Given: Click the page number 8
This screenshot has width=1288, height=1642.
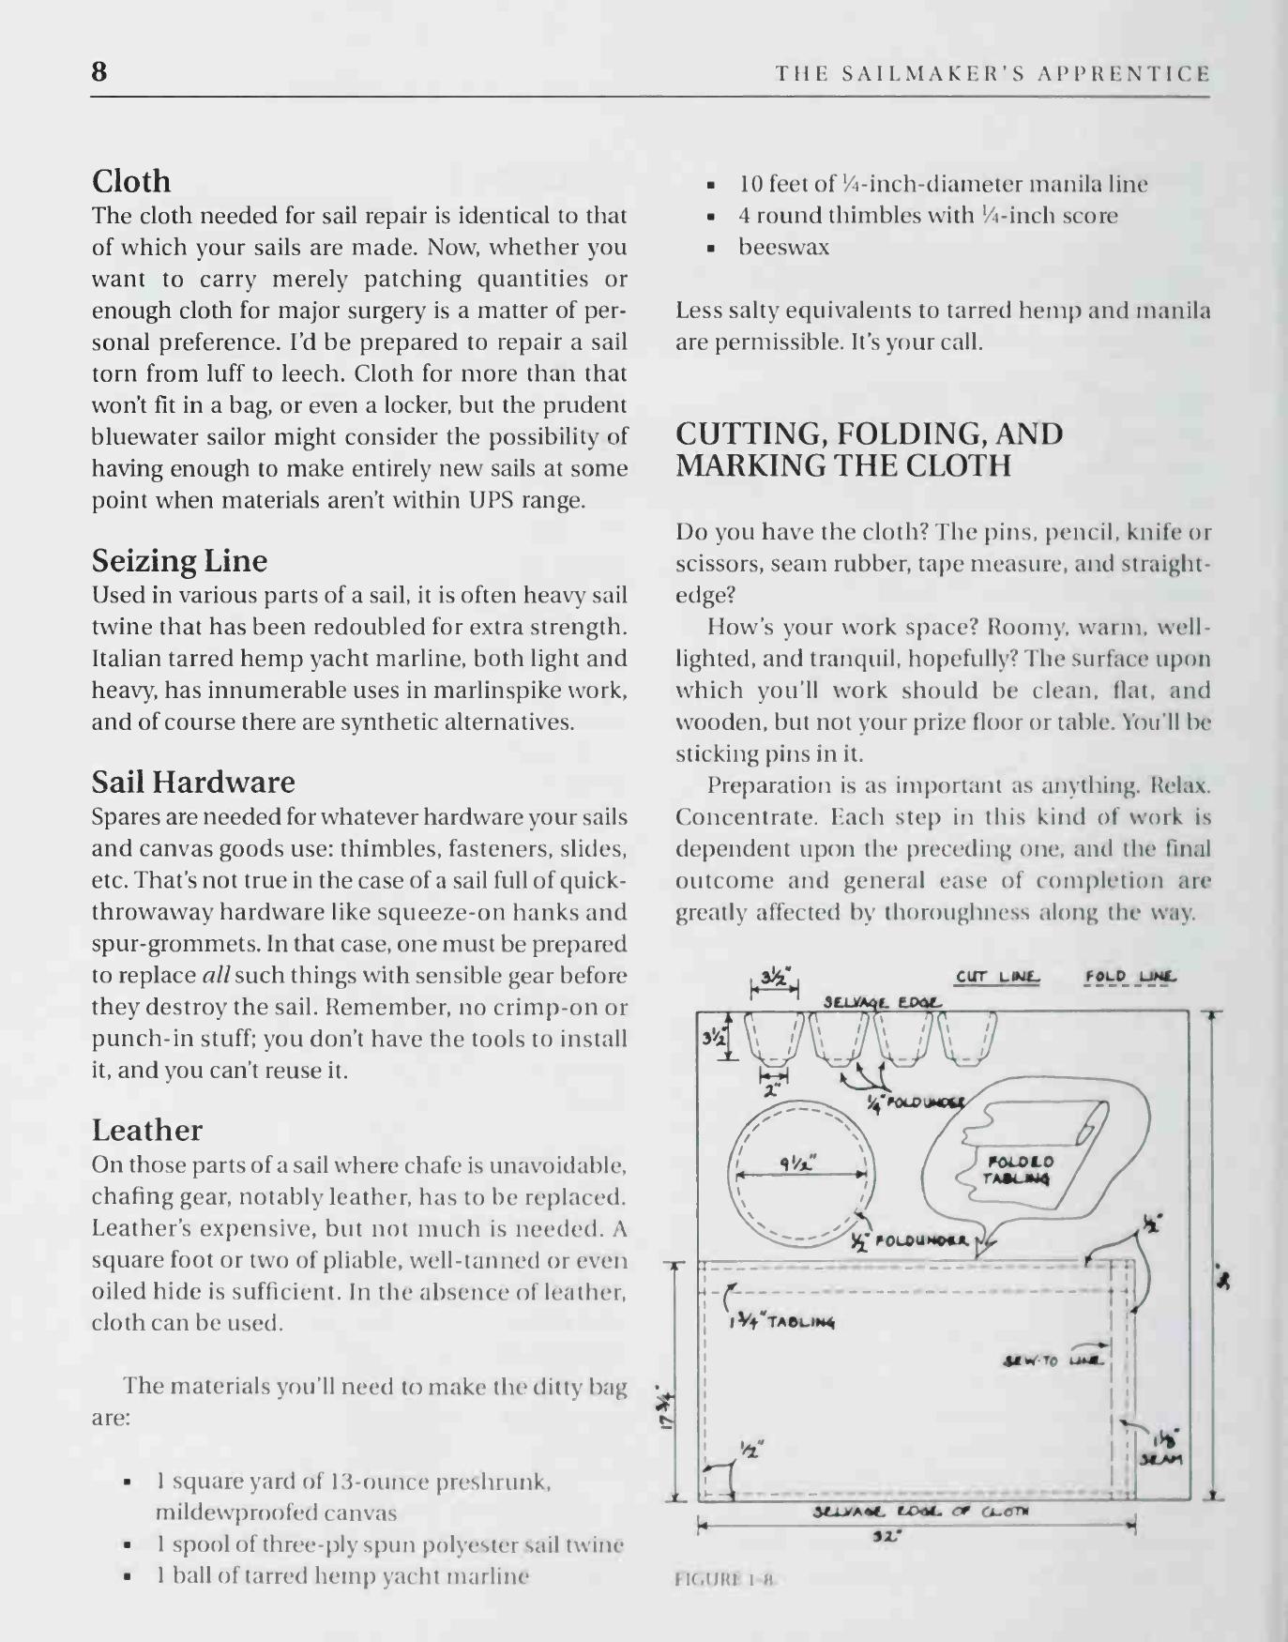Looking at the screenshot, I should tap(99, 71).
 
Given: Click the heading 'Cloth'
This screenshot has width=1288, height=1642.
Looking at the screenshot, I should tap(131, 181).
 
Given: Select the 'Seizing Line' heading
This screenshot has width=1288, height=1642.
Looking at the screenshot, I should tap(179, 561).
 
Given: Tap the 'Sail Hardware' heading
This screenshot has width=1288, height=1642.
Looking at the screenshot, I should tap(193, 783).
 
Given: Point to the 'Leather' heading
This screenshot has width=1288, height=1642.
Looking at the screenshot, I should tap(146, 1130).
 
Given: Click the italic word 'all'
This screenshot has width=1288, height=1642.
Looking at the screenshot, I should tap(216, 976).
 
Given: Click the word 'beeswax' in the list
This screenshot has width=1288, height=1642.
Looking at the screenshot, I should tap(783, 248).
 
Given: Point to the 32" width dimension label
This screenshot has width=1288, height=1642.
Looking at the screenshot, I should tap(881, 1537).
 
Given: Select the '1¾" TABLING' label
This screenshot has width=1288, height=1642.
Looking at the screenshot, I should tap(781, 1324).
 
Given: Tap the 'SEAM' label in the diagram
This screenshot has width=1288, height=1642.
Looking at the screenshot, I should tap(1161, 1460).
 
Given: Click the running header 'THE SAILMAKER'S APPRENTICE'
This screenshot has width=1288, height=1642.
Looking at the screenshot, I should tap(993, 73).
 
